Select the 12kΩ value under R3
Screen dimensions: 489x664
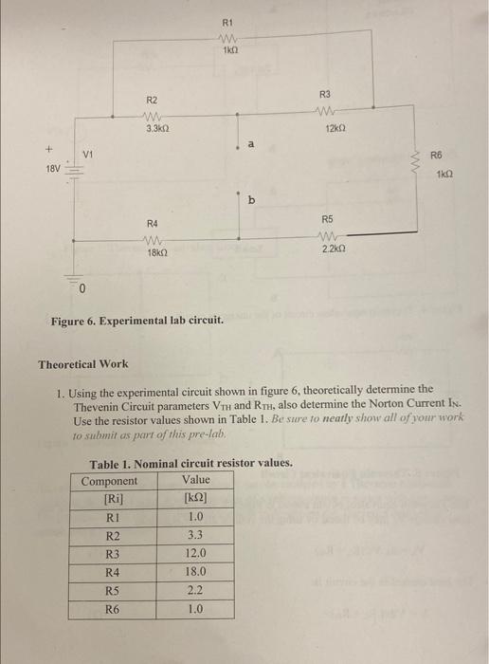click(x=333, y=128)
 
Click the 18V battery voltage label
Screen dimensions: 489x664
click(x=53, y=171)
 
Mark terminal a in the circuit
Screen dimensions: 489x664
click(x=251, y=144)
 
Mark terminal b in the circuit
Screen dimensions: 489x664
click(x=251, y=200)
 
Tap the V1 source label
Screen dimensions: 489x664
click(x=89, y=154)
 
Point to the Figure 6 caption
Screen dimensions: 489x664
click(x=137, y=319)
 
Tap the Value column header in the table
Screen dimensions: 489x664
click(x=195, y=481)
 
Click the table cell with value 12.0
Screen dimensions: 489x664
click(x=195, y=553)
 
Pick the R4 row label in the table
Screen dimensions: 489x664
click(x=112, y=572)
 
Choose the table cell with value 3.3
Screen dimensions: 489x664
click(x=195, y=535)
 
